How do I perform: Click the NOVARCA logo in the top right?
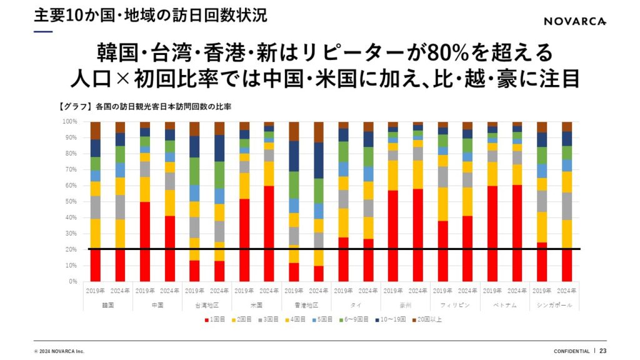click(x=574, y=21)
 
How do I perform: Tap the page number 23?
click(x=603, y=351)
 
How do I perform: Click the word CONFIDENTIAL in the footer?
click(x=571, y=351)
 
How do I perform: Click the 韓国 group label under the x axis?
click(x=108, y=306)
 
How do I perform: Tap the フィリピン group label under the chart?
click(x=455, y=306)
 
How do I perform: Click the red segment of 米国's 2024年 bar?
click(x=269, y=234)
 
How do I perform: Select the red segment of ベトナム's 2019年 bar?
click(x=492, y=234)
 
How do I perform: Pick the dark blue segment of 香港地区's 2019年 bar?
click(x=294, y=156)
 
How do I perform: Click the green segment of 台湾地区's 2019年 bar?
click(x=194, y=171)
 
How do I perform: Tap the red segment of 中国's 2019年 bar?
click(x=145, y=241)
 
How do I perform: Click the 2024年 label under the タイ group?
click(x=368, y=291)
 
